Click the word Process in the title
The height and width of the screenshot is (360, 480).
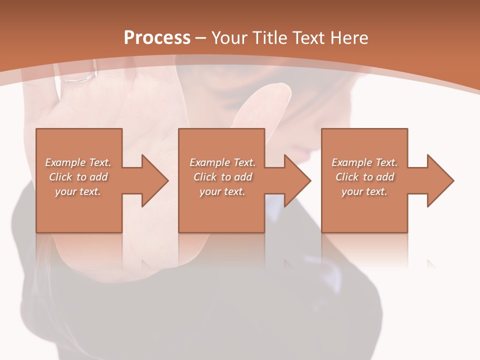coord(157,38)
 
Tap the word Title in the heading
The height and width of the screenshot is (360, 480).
coord(271,38)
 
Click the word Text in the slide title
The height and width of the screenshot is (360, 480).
coord(308,38)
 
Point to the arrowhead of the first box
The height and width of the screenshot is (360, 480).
coord(152,180)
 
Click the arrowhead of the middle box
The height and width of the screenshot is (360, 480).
coord(295,180)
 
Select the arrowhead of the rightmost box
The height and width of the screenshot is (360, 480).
coord(438,180)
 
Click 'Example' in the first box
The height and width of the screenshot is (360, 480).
coord(65,162)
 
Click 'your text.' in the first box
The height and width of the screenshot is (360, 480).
coord(78,191)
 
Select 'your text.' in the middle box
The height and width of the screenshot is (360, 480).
coord(222,191)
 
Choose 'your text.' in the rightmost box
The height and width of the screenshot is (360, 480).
coord(364,191)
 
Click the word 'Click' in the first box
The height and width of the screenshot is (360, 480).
coord(60,177)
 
